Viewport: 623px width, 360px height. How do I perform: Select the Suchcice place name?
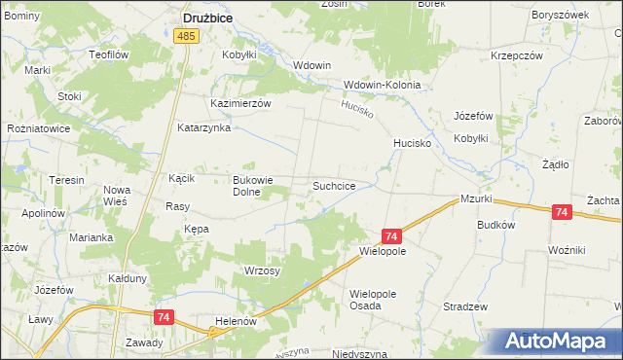coord(340,185)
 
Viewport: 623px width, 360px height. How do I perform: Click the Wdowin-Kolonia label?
coord(382,85)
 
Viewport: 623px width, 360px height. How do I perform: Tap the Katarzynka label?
coord(202,127)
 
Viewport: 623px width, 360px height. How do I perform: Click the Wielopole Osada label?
coord(380,299)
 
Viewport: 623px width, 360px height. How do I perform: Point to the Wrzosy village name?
coord(263,270)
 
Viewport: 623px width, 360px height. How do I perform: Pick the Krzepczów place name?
coord(516,55)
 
